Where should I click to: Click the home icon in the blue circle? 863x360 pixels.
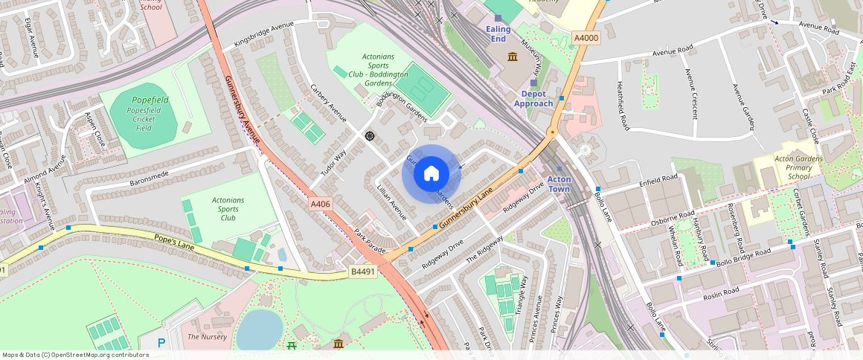[x=431, y=174]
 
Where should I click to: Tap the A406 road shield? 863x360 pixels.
[x=320, y=202]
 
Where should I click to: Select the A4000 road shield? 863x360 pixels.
[x=586, y=38]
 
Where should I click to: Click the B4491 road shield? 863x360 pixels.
[x=363, y=272]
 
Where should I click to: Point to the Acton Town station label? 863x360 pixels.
[x=559, y=184]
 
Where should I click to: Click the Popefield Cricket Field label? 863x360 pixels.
[x=144, y=114]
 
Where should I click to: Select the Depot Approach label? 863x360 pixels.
[x=533, y=99]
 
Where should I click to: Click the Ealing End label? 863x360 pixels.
[x=498, y=33]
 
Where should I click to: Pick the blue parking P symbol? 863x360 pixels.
[x=161, y=343]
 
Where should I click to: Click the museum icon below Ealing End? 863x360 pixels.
[x=513, y=57]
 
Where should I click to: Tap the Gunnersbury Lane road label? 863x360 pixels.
[x=466, y=208]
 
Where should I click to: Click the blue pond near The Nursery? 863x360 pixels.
[x=259, y=329]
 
